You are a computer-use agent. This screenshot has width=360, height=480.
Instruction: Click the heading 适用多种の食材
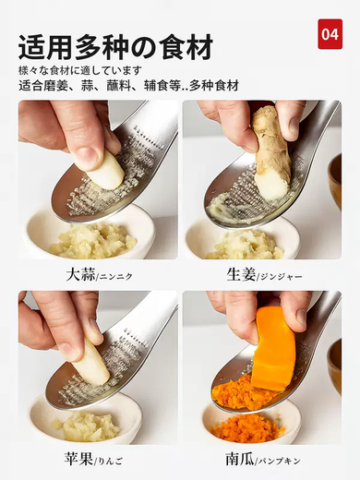click(x=115, y=45)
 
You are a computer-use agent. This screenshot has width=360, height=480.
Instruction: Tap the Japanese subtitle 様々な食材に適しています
click(x=80, y=70)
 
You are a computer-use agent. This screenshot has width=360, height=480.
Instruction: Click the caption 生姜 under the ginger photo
click(x=241, y=274)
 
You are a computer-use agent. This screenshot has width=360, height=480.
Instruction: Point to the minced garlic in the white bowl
click(x=92, y=241)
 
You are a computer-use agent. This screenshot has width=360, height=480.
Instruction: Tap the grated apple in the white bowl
click(x=85, y=426)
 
